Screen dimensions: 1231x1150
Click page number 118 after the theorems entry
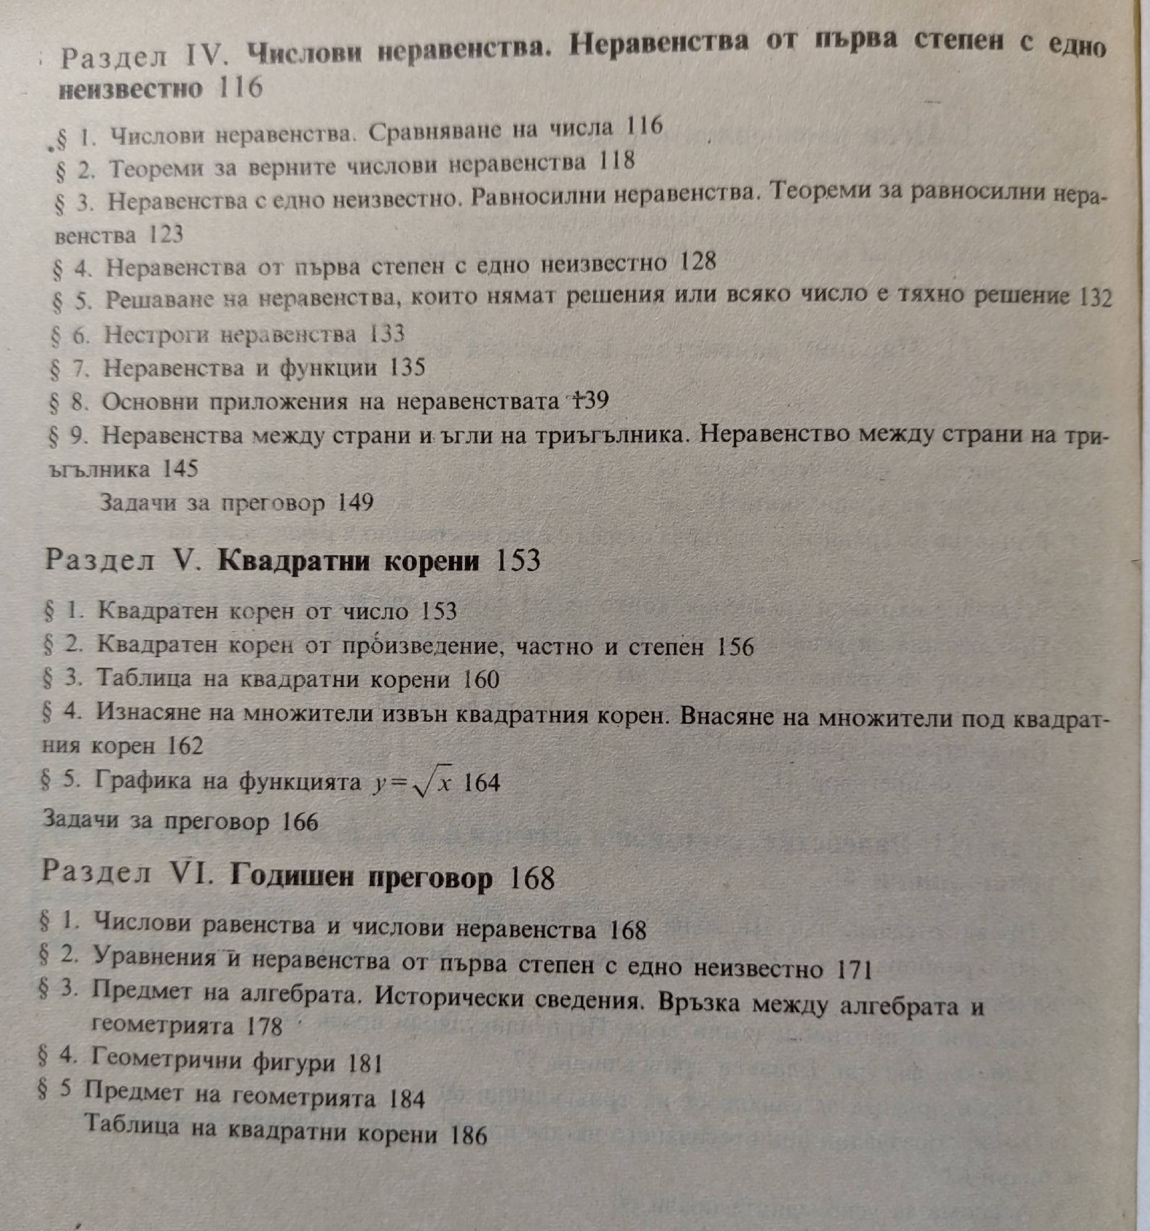[x=617, y=162]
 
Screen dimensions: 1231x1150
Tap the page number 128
[x=698, y=263]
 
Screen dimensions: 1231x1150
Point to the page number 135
[x=408, y=368]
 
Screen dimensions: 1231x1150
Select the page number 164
[x=482, y=784]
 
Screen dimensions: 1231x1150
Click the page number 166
[x=300, y=822]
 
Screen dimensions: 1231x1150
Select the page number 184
[x=407, y=1099]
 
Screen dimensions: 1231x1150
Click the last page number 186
[x=469, y=1135]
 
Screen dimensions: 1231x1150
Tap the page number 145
[x=180, y=469]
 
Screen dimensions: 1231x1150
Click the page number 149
[x=355, y=503]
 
